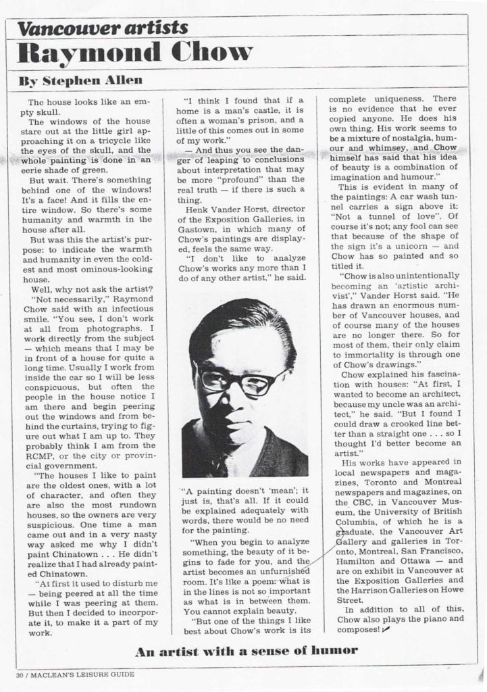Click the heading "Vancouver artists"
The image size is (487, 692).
[x=102, y=27]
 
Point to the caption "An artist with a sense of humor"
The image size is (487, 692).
[x=246, y=651]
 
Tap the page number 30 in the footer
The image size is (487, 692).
[x=21, y=674]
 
